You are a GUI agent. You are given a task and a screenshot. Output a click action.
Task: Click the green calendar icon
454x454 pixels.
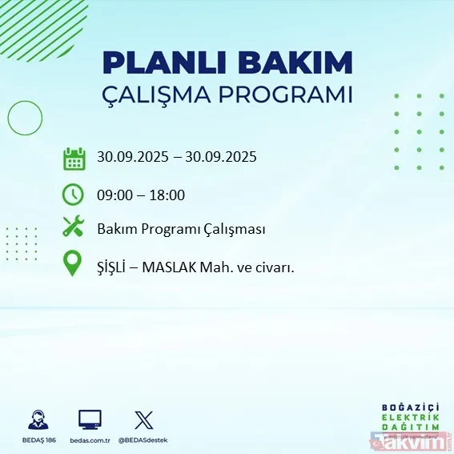click(74, 158)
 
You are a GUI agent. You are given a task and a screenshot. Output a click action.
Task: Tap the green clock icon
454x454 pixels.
click(74, 194)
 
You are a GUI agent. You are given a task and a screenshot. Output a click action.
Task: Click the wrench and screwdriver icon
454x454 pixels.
click(74, 228)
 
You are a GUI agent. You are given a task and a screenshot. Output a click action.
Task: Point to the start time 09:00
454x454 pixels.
click(114, 195)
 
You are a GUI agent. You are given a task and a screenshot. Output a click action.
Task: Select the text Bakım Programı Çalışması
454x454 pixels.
click(181, 230)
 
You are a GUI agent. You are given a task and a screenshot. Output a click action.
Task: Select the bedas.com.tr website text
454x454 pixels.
click(89, 440)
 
